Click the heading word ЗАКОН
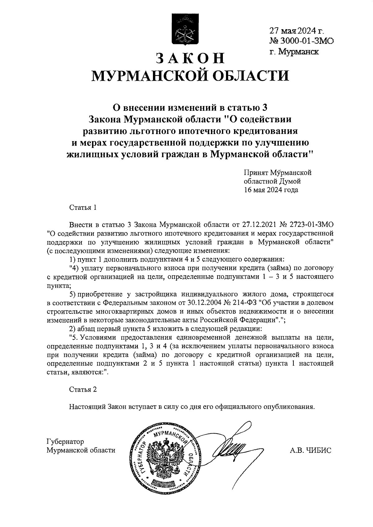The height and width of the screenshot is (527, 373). click(190, 58)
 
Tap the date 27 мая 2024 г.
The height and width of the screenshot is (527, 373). click(297, 31)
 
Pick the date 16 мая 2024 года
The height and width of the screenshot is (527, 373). click(271, 190)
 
